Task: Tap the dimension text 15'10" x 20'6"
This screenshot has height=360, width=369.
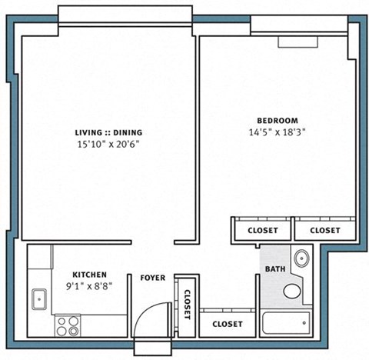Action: pos(108,144)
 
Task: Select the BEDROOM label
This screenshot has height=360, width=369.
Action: pos(278,120)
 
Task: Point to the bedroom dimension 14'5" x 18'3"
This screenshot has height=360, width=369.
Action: pos(278,132)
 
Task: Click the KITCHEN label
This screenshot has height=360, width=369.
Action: pos(89,275)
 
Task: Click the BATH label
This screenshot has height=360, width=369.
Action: pos(274,269)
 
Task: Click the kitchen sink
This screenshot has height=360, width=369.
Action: pos(38,296)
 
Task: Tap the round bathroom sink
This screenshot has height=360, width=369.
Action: pos(301,258)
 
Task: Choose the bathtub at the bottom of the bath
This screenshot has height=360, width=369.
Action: pos(285,324)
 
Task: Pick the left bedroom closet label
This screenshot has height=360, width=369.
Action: pos(262,230)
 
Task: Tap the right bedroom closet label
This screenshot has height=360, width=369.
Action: pos(324,230)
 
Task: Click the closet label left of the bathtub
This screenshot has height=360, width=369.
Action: pos(227,324)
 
